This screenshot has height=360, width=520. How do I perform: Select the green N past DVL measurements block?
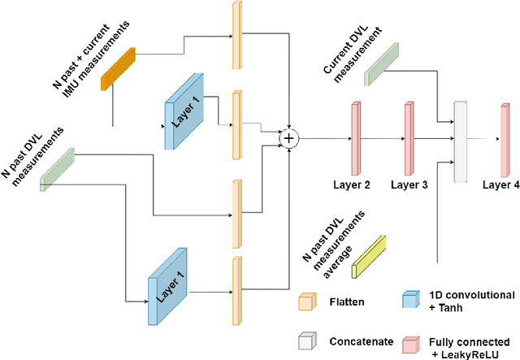(57, 169)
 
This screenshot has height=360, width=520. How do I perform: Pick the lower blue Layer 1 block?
(169, 284)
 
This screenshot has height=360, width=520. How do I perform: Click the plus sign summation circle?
(288, 139)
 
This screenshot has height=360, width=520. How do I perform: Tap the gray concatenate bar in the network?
(461, 141)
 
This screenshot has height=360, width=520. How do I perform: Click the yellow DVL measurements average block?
(369, 252)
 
